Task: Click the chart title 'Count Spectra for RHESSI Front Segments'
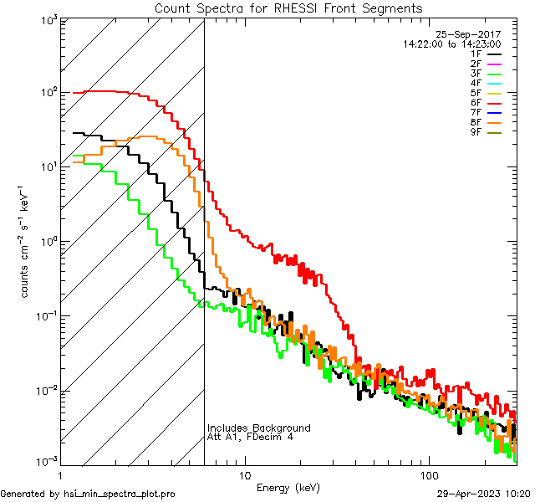tap(288, 8)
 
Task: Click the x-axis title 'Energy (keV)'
tap(288, 488)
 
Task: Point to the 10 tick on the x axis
tap(244, 475)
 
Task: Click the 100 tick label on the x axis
tap(428, 475)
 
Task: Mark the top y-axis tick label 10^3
tap(46, 19)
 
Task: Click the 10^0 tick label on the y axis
tap(46, 243)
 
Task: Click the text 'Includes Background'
tap(258, 428)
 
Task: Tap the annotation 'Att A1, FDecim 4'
tap(250, 438)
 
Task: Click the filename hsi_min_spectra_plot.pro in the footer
tap(120, 494)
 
